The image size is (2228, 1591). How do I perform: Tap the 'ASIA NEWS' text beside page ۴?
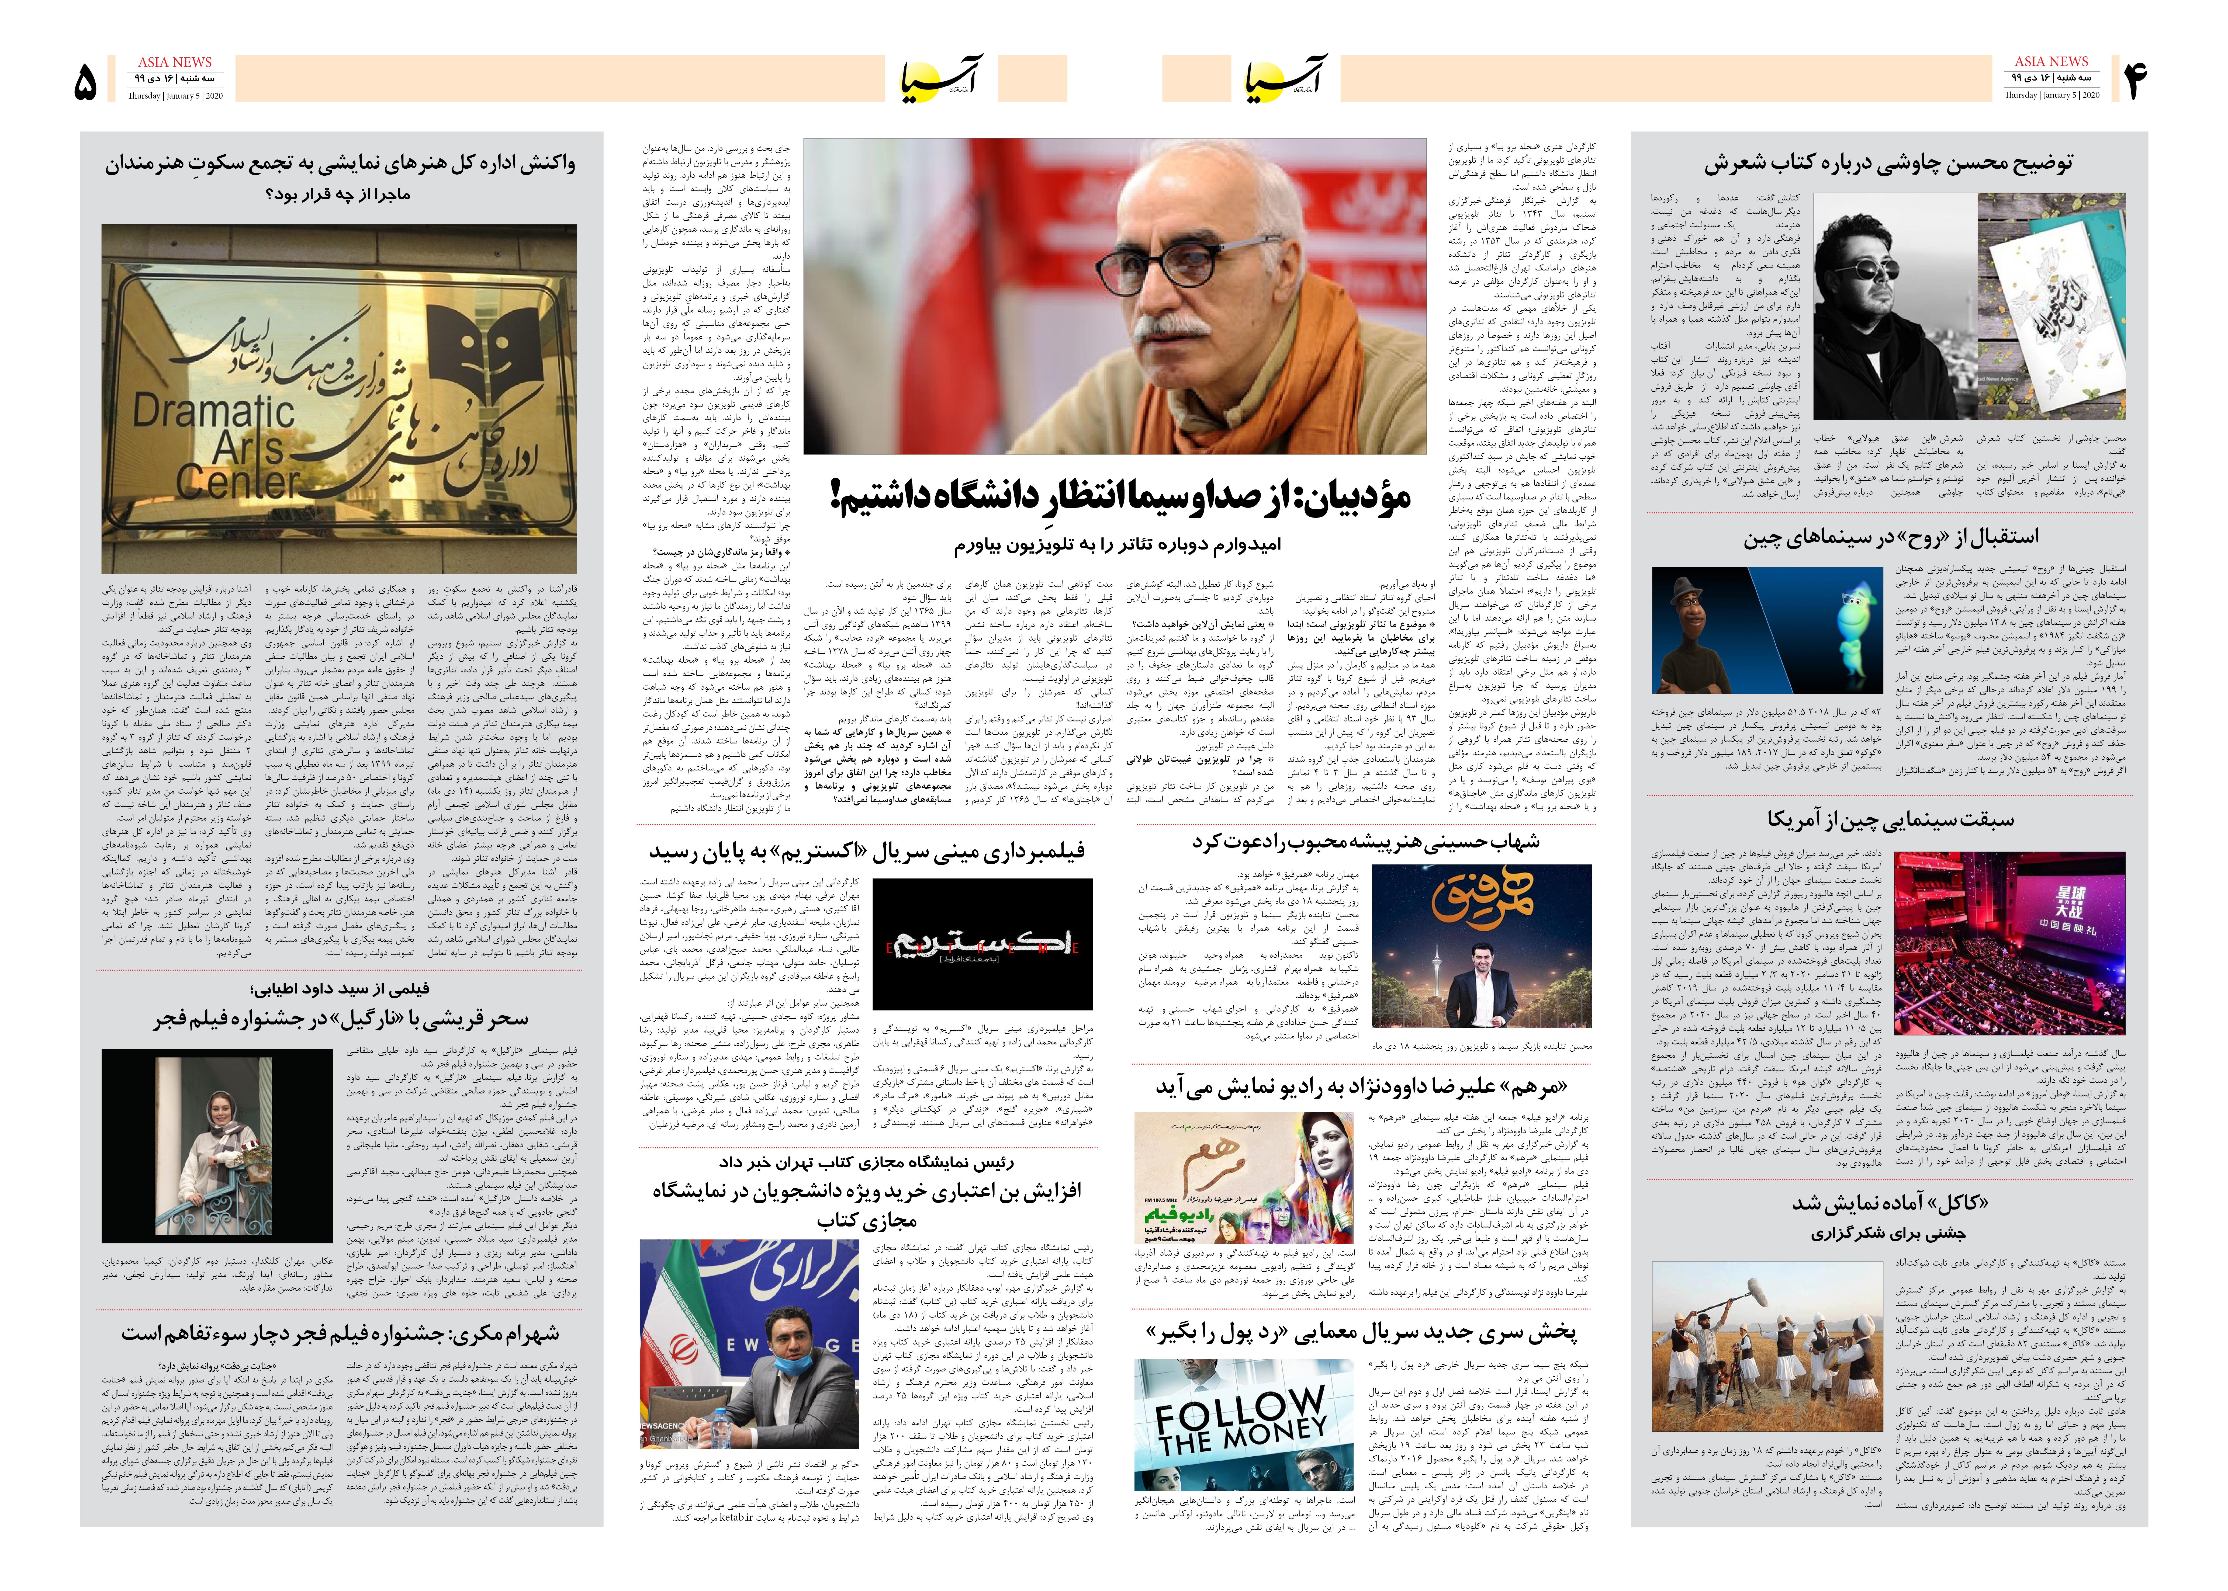coord(2051,61)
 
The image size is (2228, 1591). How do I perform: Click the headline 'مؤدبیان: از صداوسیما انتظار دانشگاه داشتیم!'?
coord(1120,497)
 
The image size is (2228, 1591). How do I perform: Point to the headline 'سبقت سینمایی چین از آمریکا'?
coord(1891,819)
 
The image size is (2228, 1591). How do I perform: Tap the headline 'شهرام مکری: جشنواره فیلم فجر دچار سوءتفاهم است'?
coord(340,1333)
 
